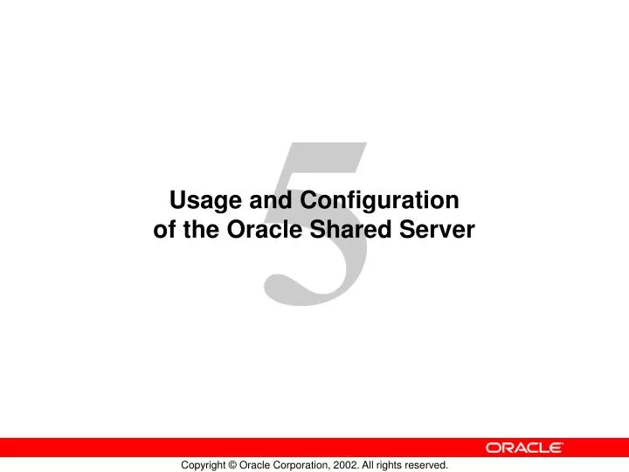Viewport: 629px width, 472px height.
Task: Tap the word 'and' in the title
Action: (273, 201)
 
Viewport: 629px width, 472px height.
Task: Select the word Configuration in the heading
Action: (380, 201)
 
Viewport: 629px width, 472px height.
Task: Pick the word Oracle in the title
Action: (264, 231)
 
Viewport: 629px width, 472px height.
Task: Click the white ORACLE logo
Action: (524, 448)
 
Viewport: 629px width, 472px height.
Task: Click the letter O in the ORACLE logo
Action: (494, 448)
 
